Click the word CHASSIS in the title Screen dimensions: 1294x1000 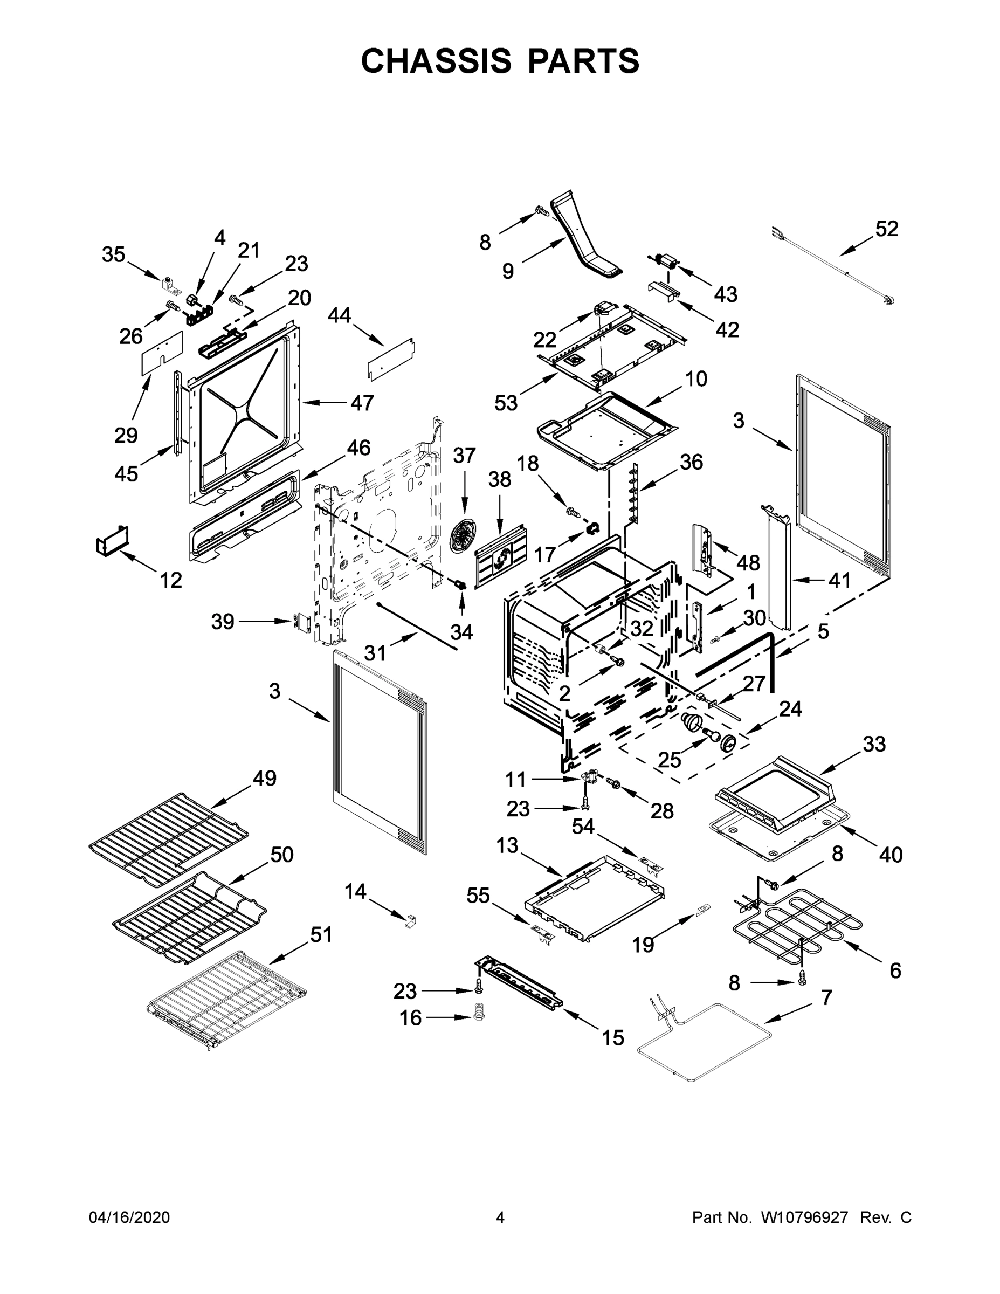point(436,61)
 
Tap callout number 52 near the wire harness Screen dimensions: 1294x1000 point(886,229)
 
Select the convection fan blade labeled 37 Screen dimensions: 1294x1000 point(463,535)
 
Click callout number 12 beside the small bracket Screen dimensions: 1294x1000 point(170,580)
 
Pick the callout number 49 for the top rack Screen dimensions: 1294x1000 point(264,778)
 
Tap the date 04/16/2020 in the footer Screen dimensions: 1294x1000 point(129,1217)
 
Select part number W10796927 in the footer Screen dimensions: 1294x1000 point(804,1217)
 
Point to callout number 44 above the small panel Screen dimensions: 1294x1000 point(339,315)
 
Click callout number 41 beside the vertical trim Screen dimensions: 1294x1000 point(839,580)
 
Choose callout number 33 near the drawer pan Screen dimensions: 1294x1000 point(874,744)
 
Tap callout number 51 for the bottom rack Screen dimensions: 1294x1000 point(321,934)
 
